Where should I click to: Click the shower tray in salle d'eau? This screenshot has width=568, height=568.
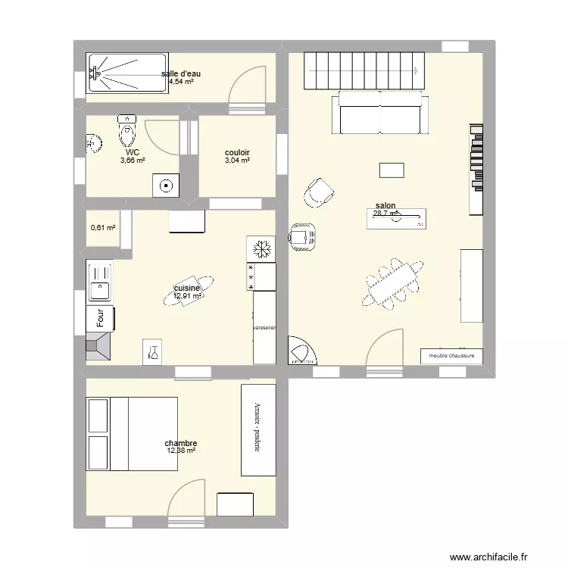tap(127, 73)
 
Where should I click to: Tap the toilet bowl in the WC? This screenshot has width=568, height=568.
tap(126, 135)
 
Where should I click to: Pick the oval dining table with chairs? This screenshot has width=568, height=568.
tap(392, 282)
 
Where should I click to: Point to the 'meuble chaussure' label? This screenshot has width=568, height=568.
tap(451, 355)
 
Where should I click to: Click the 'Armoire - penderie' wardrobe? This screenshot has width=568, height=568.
tap(258, 429)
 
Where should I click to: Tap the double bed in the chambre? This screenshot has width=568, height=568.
tap(133, 434)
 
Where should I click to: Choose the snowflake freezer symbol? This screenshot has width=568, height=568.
tap(261, 249)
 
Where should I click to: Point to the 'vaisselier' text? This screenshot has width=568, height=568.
tap(264, 328)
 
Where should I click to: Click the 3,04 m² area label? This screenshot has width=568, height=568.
tap(237, 161)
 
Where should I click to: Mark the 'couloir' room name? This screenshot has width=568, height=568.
tap(237, 152)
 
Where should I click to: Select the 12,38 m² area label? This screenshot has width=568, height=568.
tap(182, 451)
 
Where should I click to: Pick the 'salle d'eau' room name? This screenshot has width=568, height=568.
tap(181, 73)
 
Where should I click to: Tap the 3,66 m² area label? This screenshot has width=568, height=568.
tap(133, 161)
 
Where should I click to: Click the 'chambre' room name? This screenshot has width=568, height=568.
tap(181, 443)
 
